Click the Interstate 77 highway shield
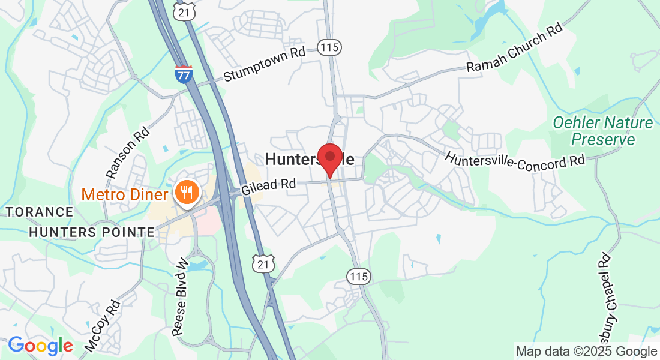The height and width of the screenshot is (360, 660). click(x=184, y=74)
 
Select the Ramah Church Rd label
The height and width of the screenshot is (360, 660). click(x=515, y=49)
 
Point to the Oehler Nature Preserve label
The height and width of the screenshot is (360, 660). click(x=602, y=131)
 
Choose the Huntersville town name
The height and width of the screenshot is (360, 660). click(x=309, y=160)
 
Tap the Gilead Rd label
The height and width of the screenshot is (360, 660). click(x=269, y=186)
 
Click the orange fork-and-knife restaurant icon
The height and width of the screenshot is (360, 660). click(x=187, y=192)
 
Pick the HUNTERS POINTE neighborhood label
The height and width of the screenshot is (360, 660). click(x=91, y=232)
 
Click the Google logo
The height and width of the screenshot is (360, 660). click(x=40, y=346)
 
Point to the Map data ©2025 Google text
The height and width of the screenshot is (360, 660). click(x=587, y=352)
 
